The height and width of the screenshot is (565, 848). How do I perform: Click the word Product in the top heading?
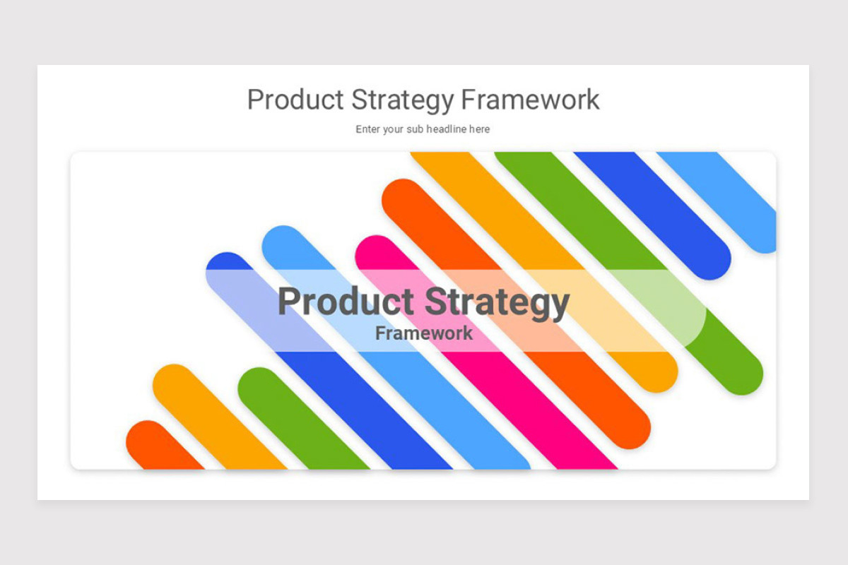pos(295,100)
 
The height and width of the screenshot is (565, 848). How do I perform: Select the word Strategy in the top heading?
pos(402,100)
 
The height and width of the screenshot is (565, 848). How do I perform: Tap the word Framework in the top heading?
pos(530,100)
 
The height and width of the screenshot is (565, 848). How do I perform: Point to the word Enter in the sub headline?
pos(367,129)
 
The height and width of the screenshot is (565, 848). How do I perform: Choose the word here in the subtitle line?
pos(480,129)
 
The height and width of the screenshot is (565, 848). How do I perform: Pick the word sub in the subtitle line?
pos(415,129)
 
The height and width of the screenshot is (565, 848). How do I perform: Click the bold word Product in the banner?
pos(346,302)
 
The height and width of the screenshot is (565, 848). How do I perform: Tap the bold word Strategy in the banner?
pos(497,303)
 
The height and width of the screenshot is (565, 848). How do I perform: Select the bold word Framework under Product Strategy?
pos(424,333)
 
